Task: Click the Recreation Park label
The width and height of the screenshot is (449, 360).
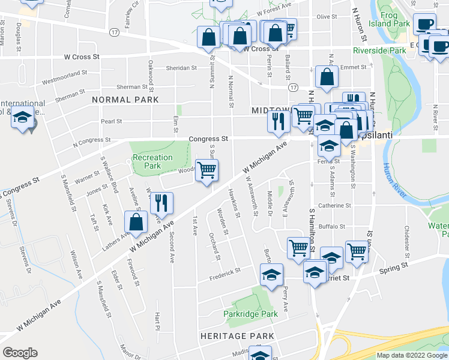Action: [x=152, y=161]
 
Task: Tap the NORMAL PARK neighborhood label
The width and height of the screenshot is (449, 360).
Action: [x=125, y=100]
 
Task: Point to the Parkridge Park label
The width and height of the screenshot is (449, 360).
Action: [x=250, y=314]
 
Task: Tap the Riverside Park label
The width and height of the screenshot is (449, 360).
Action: [x=379, y=51]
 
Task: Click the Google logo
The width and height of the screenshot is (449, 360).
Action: [x=20, y=353]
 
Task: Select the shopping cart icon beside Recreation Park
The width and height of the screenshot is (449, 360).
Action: [x=206, y=170]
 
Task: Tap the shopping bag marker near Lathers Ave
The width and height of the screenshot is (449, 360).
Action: [x=136, y=222]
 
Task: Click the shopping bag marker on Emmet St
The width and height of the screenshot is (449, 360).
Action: [x=326, y=77]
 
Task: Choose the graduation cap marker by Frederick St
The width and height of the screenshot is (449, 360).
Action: [x=271, y=275]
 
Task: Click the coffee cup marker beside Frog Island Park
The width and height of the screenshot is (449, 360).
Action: [x=426, y=24]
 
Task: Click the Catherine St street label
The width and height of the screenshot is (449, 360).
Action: [x=334, y=206]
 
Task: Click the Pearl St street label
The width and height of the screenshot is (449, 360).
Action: [x=111, y=121]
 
